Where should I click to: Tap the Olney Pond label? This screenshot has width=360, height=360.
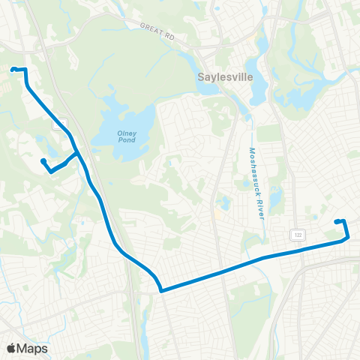tap(126, 138)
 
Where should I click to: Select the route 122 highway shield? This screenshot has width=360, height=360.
tap(299, 235)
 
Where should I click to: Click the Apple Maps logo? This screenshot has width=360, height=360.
tap(27, 348)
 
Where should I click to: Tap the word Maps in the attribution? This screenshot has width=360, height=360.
tap(33, 348)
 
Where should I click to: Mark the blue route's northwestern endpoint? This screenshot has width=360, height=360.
tap(13, 70)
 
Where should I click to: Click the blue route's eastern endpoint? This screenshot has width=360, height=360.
tap(336, 221)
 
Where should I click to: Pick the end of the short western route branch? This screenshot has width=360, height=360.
tap(43, 160)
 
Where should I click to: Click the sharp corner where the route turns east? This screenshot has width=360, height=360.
tap(160, 289)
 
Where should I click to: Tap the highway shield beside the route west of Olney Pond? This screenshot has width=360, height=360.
tap(58, 124)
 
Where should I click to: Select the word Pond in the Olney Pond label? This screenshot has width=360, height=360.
tap(126, 142)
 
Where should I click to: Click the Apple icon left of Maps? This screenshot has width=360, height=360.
tap(11, 348)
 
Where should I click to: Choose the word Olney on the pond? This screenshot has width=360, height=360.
tap(126, 133)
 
